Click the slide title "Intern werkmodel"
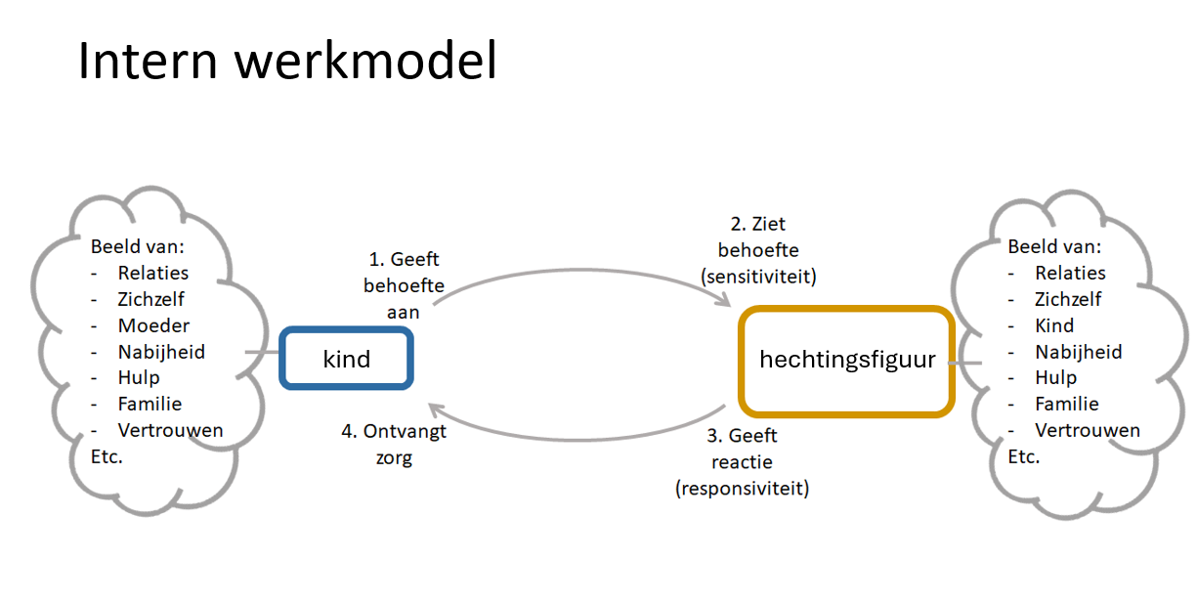click(x=287, y=61)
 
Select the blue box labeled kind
click(x=347, y=359)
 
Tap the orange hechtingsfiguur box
click(x=846, y=361)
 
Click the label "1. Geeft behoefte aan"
click(x=404, y=285)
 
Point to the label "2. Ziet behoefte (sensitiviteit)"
click(x=758, y=250)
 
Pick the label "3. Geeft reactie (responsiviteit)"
click(x=743, y=461)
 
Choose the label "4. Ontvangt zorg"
click(x=392, y=444)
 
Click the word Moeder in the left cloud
click(x=153, y=325)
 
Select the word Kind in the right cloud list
click(x=1054, y=325)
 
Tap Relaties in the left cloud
click(x=153, y=273)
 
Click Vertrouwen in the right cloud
click(x=1088, y=430)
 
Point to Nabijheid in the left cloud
click(x=161, y=352)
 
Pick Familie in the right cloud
click(x=1067, y=404)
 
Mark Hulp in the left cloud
click(x=139, y=377)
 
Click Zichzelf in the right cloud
click(x=1068, y=299)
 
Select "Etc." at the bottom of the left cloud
click(x=107, y=456)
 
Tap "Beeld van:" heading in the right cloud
click(x=1054, y=246)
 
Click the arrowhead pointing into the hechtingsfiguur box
click(x=725, y=300)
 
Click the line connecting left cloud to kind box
click(x=263, y=353)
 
